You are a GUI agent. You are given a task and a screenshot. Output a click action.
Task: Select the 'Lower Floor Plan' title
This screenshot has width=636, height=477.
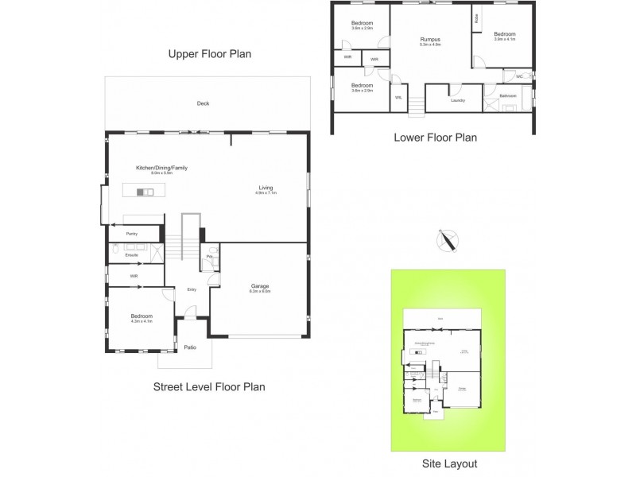pos(435,138)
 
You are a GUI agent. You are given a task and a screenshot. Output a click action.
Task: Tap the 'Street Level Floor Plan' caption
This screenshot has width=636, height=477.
pos(207,386)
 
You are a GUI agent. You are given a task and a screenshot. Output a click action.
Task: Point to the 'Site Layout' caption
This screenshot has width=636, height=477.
pos(450,463)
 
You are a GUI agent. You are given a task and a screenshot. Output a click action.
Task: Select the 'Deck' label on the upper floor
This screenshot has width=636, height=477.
pos(203,104)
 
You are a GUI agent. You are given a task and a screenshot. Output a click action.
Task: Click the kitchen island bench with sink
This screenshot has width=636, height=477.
pos(144,192)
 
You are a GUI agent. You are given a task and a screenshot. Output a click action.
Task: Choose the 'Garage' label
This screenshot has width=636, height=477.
pos(260,288)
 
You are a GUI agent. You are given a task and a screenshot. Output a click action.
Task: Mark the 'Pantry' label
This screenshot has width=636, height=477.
pos(132,234)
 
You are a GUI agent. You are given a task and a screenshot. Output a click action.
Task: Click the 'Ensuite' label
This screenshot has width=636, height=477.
pos(133,254)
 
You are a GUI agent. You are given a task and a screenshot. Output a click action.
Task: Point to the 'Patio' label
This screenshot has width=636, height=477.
pos(190,347)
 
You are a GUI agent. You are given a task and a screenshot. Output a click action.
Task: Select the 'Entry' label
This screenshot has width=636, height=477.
pos(192,289)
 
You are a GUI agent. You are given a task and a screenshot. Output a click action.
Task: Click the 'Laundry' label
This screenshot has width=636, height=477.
pos(456,101)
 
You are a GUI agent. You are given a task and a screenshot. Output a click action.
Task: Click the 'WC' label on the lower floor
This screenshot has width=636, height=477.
pos(519,76)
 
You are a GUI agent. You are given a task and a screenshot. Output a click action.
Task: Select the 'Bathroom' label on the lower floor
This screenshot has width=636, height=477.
pos(507,96)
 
